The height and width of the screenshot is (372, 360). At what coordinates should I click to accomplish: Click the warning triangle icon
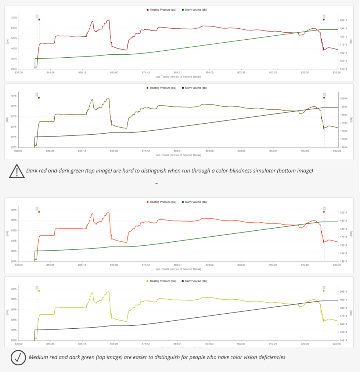coord(17,171)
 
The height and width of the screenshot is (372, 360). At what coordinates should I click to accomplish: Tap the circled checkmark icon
coord(18,357)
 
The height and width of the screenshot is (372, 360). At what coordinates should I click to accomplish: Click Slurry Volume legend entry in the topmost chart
coord(195,10)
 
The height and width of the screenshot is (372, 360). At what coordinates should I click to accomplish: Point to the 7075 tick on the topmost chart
coord(13,18)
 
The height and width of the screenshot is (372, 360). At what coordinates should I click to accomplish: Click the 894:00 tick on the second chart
coord(209,150)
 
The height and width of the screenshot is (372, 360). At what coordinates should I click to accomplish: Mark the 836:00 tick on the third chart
coord(18,265)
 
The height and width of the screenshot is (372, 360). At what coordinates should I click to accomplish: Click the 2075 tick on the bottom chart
coord(13,340)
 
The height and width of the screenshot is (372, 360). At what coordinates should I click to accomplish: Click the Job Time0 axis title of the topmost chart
coord(178,77)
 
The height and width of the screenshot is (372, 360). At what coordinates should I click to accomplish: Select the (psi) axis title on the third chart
coord(7,234)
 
